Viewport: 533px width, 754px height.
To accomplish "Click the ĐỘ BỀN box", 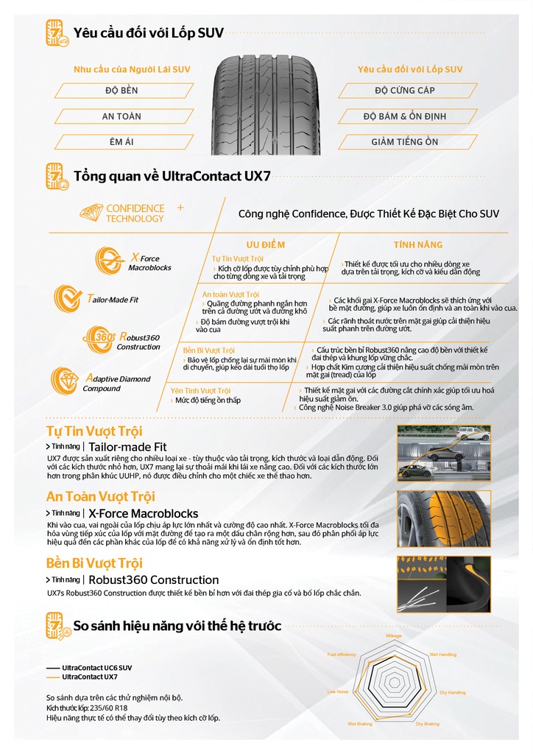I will point(121,91).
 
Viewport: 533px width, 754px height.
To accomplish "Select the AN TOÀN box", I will point(121,116).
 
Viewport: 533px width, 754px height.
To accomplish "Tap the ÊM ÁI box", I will point(121,141).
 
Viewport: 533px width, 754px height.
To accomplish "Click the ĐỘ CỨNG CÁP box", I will point(404,91).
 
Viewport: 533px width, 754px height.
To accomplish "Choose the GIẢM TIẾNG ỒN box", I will point(404,141).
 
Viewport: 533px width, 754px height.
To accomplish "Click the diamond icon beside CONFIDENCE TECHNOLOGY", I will point(91,213).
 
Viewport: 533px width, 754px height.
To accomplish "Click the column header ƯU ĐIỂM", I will point(265,244).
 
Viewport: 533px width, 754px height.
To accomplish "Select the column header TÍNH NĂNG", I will point(418,244).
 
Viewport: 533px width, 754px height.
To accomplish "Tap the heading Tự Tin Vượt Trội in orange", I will point(94,431).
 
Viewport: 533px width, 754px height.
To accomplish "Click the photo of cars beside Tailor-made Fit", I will point(443,453).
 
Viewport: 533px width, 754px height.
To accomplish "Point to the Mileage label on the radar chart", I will point(394,634).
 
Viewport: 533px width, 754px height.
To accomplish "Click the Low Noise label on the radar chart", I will point(337,691).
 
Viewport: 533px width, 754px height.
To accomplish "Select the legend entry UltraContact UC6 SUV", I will point(96,668).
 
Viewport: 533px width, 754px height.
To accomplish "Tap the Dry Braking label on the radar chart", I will point(427,725).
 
